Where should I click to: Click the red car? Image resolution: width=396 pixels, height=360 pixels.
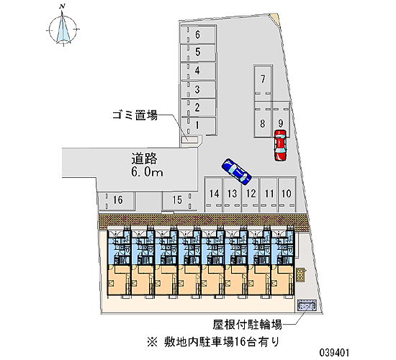pos(280,145)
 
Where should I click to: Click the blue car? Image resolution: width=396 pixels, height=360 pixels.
pos(236,171)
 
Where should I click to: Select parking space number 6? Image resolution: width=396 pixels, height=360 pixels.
pos(198,35)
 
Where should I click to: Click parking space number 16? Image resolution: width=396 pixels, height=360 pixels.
pos(117,201)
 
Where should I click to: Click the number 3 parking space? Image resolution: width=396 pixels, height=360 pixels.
pos(198,89)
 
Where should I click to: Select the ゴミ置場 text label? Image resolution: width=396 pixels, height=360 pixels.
pos(135,115)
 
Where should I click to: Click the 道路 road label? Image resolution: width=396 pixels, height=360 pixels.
pos(144,159)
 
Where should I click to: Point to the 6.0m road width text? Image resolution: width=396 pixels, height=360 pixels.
pos(147,172)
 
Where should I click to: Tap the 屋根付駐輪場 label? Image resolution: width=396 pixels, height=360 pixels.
pos(247,325)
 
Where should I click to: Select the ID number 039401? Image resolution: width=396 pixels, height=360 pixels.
pos(334,352)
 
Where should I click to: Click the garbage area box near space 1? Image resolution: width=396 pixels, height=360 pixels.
pos(189,139)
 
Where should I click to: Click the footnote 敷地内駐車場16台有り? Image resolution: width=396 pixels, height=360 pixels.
pos(213,341)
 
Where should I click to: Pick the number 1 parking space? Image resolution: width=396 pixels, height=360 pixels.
pos(198,126)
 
